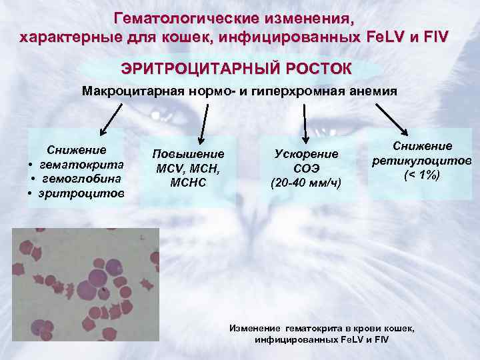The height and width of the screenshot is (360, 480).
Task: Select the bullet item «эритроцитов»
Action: tap(83, 193)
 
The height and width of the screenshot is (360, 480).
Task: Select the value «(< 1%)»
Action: tap(422, 175)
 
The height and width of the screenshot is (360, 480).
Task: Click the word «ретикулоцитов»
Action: tap(422, 161)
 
